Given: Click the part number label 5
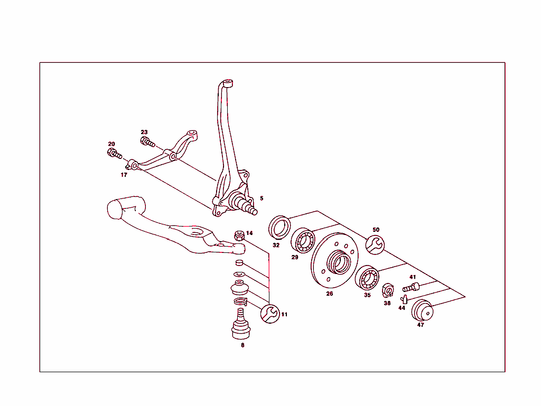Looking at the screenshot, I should click(261, 199).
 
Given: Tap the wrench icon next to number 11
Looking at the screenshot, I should click(270, 314).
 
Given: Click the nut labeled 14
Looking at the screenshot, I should click(239, 235).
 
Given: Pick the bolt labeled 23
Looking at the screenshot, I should click(146, 141).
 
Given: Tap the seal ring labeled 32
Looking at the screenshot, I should click(279, 227).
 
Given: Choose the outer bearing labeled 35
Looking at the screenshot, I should click(366, 279).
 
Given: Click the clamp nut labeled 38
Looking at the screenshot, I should click(387, 290).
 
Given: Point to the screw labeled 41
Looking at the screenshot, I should click(411, 288).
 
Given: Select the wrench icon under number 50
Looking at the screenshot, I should click(376, 244).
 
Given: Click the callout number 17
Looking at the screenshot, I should click(124, 175).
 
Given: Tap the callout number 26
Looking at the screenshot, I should click(329, 294).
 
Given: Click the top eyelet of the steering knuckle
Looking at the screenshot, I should click(228, 83).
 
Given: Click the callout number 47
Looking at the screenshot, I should click(421, 325).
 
